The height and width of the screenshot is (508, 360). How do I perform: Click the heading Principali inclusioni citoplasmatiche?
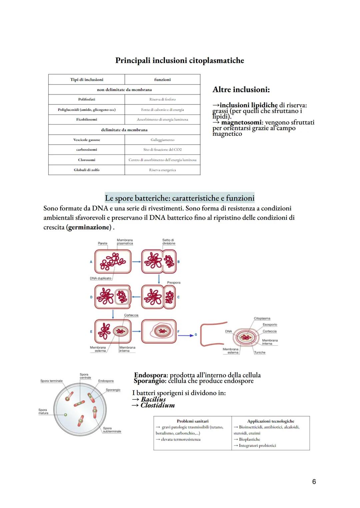[179, 61]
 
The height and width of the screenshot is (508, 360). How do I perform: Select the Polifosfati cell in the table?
[86, 99]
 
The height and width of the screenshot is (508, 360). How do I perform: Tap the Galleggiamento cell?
[162, 140]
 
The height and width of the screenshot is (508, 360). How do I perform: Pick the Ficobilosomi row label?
[86, 119]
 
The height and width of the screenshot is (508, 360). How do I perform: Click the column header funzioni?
[162, 80]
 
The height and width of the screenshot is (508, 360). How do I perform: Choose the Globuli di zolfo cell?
[86, 170]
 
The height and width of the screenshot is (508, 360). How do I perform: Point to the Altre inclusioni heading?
[241, 90]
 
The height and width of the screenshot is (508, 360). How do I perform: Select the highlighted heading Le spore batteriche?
[179, 198]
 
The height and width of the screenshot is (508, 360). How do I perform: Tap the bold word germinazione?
[89, 227]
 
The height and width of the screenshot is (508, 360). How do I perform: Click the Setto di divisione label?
[168, 242]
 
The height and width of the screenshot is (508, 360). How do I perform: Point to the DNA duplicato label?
[100, 278]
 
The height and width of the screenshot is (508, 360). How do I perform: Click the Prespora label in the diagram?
[174, 282]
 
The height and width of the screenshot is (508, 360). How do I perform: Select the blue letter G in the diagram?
[196, 334]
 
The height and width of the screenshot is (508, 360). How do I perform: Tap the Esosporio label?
[270, 324]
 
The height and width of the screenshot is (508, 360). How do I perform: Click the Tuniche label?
[260, 352]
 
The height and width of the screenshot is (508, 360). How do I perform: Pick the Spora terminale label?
[51, 381]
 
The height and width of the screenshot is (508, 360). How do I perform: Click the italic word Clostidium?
[157, 405]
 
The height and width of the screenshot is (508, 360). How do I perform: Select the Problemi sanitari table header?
[192, 421]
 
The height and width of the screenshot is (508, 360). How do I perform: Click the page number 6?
[314, 482]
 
